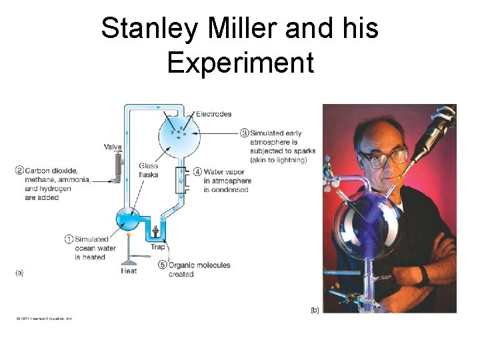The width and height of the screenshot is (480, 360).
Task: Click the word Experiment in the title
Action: (x=240, y=63)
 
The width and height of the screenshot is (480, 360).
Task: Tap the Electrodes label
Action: (x=213, y=114)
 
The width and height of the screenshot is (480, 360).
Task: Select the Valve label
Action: (x=113, y=147)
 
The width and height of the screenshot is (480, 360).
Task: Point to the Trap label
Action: (x=157, y=247)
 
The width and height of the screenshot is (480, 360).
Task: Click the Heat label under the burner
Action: (x=129, y=271)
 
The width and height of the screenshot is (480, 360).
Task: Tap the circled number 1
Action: (x=69, y=239)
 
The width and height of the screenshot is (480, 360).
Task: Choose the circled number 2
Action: (x=20, y=170)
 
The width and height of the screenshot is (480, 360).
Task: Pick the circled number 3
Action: (x=245, y=133)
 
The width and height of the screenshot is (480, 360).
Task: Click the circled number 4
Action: (x=198, y=171)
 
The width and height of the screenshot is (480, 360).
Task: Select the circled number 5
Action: (x=163, y=265)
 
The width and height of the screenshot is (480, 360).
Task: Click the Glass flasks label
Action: (x=149, y=170)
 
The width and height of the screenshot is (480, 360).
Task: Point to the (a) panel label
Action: (x=19, y=273)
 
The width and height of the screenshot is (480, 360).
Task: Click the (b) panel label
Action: (x=315, y=310)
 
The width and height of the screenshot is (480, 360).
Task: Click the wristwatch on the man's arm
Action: (x=423, y=275)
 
